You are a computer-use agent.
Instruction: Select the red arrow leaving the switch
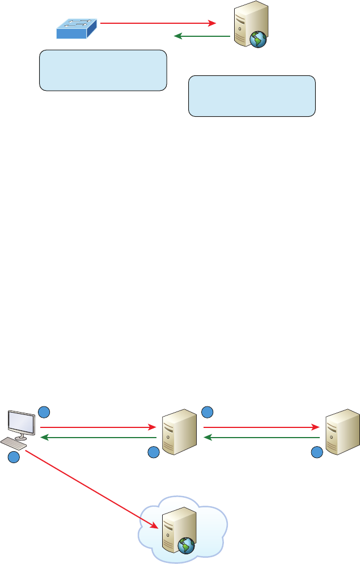click(x=159, y=23)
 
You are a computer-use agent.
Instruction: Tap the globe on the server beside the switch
click(x=258, y=39)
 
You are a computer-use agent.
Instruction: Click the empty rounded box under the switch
click(x=103, y=70)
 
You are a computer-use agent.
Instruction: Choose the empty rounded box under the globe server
click(x=252, y=96)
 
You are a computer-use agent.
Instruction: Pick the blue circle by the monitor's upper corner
click(x=44, y=411)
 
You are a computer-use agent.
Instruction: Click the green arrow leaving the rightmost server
click(x=261, y=438)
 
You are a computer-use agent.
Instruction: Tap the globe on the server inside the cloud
click(x=187, y=546)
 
